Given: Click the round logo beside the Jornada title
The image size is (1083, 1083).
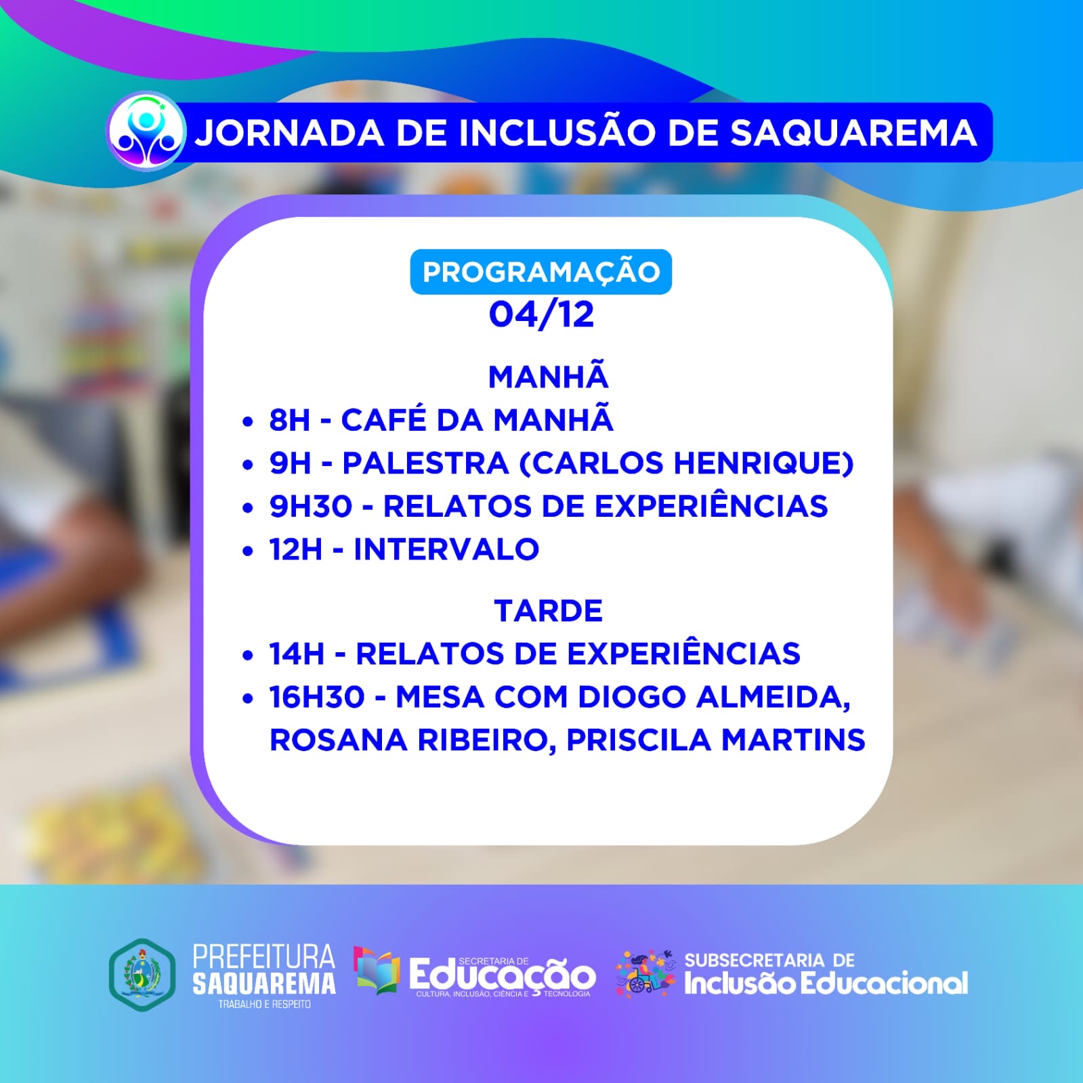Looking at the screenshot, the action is [x=146, y=131].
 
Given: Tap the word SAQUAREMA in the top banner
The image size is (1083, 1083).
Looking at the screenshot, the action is [x=853, y=133].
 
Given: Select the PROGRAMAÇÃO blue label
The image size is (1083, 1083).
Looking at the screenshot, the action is [x=540, y=272].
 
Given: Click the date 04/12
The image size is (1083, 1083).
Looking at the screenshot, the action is [x=541, y=314].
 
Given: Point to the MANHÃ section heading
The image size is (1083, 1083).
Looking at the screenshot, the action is [x=548, y=377].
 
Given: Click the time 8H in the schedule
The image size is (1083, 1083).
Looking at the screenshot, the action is [x=289, y=420].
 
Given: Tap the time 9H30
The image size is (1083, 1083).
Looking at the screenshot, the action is [x=311, y=506].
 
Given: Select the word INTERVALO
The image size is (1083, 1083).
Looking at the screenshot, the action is [x=446, y=549].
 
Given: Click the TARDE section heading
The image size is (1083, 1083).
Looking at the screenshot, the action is [x=548, y=611].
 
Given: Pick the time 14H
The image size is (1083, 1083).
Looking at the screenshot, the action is [x=297, y=654].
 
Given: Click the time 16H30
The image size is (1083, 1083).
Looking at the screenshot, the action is [x=317, y=697].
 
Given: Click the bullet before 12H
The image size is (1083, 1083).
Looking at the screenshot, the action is [x=247, y=551].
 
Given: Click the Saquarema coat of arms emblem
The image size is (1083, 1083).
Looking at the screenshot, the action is [x=142, y=975].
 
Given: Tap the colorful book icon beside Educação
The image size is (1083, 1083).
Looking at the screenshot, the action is [x=377, y=971].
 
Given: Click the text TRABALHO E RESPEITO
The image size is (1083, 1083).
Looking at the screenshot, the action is [x=264, y=1004].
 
